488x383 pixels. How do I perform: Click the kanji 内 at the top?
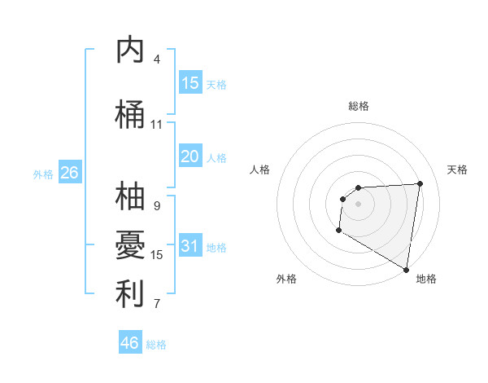130,50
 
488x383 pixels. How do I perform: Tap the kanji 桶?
130,115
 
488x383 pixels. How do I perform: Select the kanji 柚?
130,197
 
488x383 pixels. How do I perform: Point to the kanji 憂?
130,245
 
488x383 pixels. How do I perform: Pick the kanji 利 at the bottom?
130,294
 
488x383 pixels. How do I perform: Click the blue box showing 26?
69,173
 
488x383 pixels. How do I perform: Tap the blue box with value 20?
190,156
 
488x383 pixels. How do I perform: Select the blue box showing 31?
190,247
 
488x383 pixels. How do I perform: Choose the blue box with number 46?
130,342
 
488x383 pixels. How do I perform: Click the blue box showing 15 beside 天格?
190,83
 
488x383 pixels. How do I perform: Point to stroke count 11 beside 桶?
157,125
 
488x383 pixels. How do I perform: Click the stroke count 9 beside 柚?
157,206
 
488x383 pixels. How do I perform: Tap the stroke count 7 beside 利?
157,304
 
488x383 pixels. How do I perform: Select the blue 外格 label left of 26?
43,174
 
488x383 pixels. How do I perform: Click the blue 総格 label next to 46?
156,345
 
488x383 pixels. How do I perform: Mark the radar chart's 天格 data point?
420,183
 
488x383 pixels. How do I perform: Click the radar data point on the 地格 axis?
406,270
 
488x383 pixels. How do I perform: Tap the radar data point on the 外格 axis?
338,231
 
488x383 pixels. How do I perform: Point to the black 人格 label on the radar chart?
260,169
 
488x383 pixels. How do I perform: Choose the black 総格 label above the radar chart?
359,106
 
